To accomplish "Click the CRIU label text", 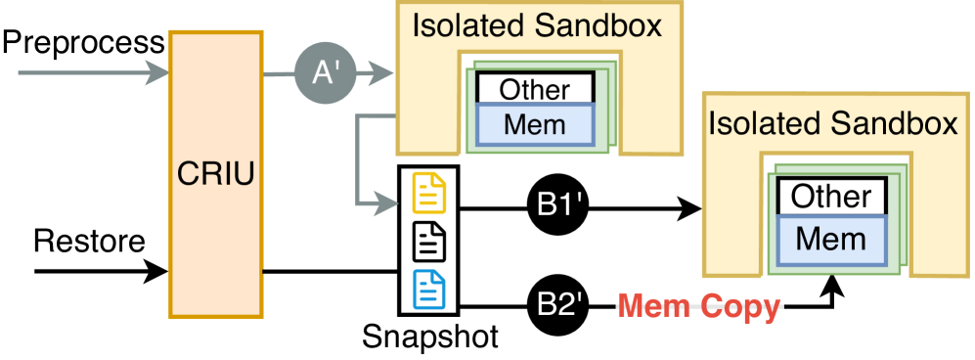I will (216, 175).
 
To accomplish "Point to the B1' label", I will (560, 206).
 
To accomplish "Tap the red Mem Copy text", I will (699, 307).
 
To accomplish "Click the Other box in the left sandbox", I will (535, 89).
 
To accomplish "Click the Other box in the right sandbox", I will (831, 197).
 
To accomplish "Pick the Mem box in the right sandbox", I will (830, 238).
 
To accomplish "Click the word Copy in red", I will (742, 307).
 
